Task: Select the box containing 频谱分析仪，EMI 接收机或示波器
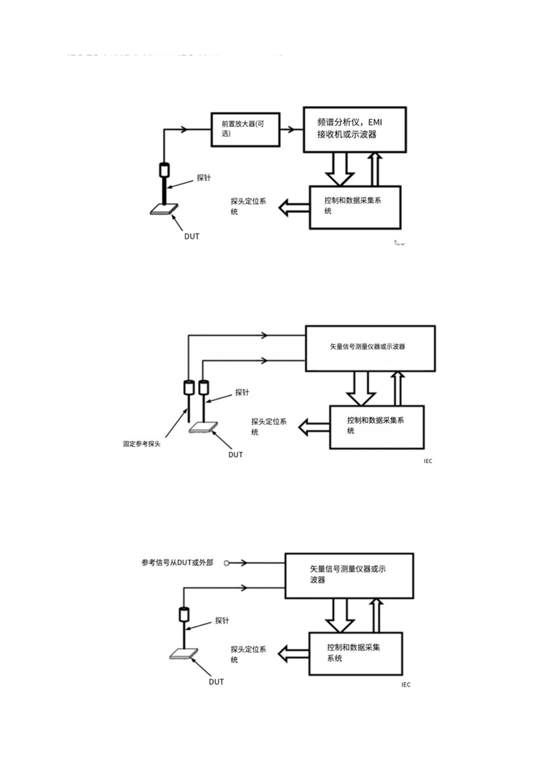(x=353, y=128)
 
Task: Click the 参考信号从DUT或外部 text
(x=177, y=562)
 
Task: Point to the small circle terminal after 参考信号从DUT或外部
(x=227, y=563)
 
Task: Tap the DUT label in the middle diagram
(x=235, y=455)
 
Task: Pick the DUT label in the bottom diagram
(x=216, y=681)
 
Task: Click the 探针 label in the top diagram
(x=204, y=177)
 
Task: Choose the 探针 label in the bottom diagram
(x=222, y=621)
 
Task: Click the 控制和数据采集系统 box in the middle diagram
(x=377, y=426)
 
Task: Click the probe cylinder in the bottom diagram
(x=185, y=615)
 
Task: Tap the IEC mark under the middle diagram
(x=427, y=461)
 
